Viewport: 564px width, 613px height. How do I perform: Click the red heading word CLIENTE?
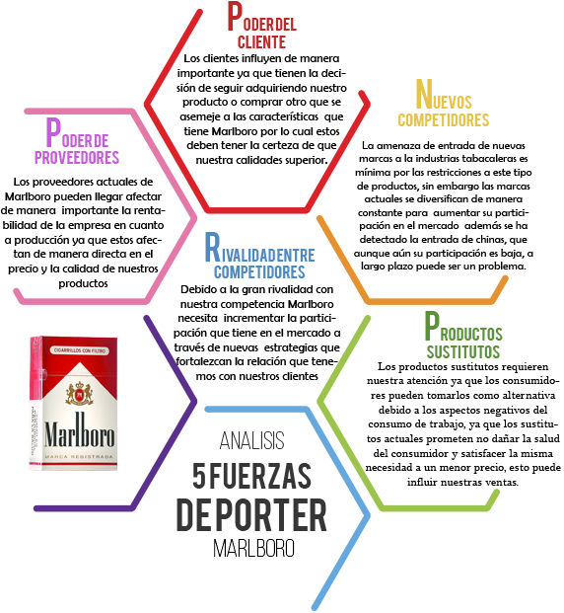[261, 41]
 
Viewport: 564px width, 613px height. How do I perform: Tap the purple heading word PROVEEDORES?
[77, 157]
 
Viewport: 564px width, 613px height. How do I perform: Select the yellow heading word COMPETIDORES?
[444, 120]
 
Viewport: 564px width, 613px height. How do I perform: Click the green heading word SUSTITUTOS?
[462, 351]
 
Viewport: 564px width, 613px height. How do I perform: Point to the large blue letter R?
[212, 247]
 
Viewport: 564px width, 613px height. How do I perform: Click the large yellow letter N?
[424, 94]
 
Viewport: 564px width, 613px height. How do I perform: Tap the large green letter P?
[432, 326]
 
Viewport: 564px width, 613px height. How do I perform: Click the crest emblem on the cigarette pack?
[80, 393]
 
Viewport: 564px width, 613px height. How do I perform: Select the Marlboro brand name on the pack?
[79, 430]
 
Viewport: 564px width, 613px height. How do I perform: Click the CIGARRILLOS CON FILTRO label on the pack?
[79, 350]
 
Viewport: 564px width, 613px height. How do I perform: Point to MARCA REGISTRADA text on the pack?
[79, 457]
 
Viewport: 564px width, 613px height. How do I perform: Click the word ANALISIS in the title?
[251, 440]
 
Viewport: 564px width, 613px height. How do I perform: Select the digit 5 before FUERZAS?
[199, 476]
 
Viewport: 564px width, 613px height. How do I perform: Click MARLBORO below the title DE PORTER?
[253, 549]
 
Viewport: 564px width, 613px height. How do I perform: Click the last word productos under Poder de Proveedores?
[83, 283]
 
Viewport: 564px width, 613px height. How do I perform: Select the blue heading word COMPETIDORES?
[259, 272]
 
